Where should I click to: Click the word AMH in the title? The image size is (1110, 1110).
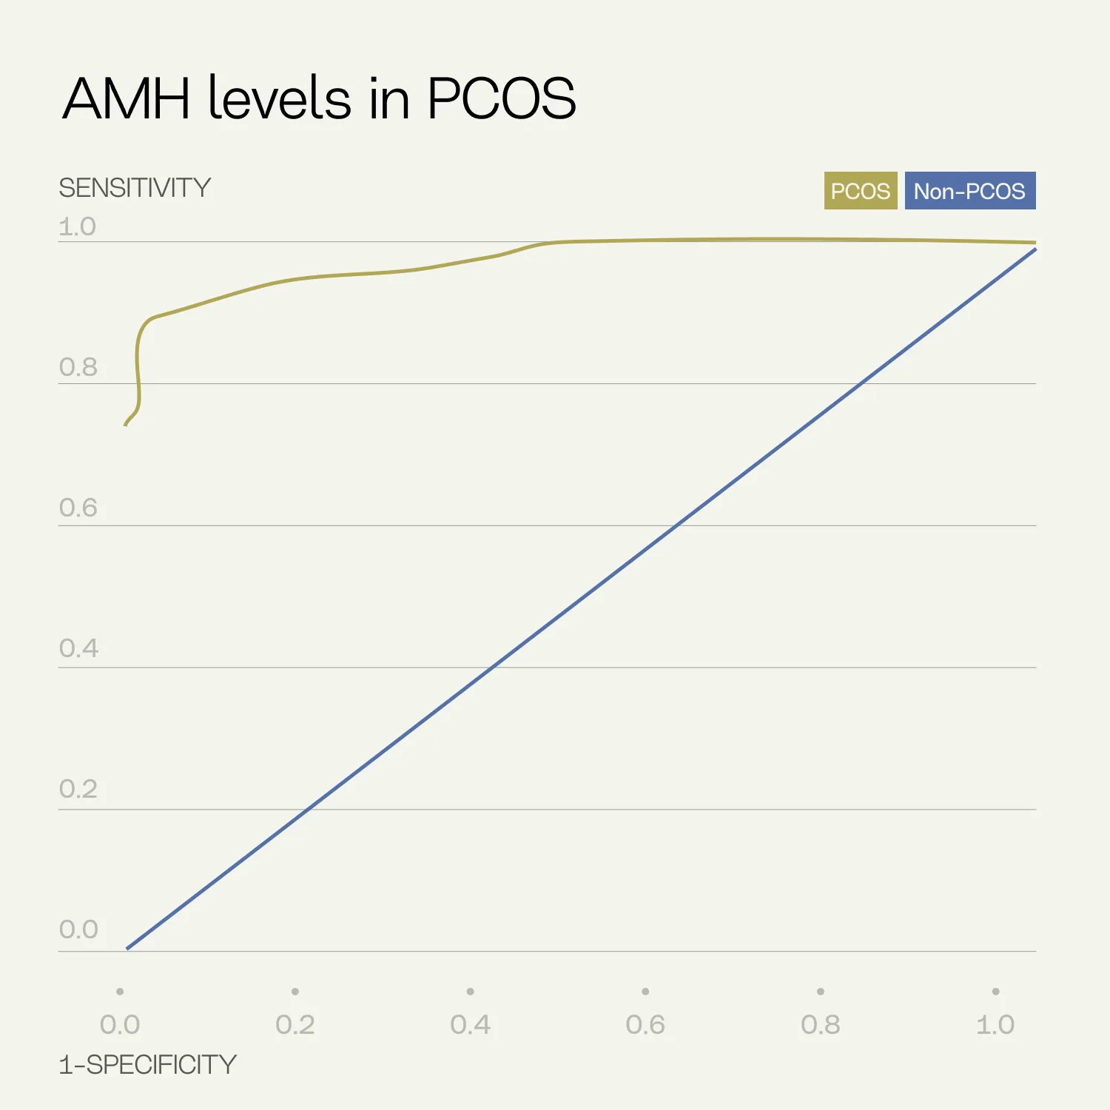click(x=127, y=98)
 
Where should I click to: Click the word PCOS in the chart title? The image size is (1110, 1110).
click(x=501, y=98)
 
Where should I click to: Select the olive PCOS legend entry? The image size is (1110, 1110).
click(x=860, y=191)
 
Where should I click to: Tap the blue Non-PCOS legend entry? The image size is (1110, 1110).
click(x=969, y=191)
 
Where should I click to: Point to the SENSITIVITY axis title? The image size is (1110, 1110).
click(x=135, y=188)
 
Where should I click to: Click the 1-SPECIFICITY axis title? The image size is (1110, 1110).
click(x=147, y=1065)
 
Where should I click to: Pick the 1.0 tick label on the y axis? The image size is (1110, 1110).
click(x=78, y=226)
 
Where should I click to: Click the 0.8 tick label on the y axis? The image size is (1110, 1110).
click(x=78, y=367)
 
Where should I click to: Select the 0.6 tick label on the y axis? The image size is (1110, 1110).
click(x=78, y=508)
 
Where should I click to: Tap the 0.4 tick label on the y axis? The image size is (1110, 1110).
click(x=78, y=648)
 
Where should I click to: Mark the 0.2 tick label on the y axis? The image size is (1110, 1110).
click(x=78, y=789)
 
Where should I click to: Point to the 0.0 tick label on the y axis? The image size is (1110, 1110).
click(x=78, y=929)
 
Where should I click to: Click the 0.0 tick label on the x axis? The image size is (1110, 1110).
click(x=120, y=1025)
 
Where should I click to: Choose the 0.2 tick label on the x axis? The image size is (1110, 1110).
click(x=295, y=1025)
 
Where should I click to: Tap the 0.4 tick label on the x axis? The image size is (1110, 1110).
click(x=470, y=1025)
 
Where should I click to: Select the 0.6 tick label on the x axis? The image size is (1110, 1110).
click(x=645, y=1025)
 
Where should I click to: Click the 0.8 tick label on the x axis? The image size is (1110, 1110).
click(x=820, y=1025)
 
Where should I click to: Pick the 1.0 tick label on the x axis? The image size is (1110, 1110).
click(x=995, y=1025)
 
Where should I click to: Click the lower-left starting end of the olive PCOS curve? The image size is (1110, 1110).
click(x=125, y=425)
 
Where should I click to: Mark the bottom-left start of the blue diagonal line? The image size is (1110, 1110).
click(x=127, y=948)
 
